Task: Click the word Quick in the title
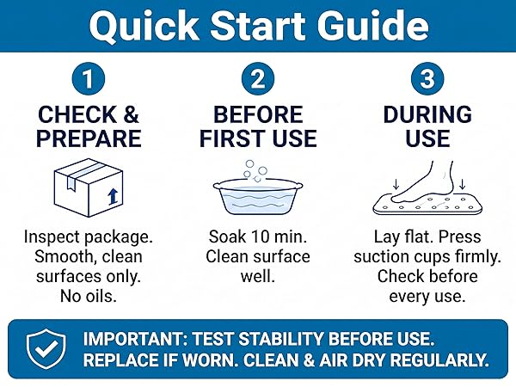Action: (x=144, y=27)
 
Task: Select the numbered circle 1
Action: (x=89, y=79)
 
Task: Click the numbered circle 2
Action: (x=258, y=79)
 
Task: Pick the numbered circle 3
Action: (x=427, y=79)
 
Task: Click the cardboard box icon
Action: (x=89, y=187)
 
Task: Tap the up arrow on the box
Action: (x=113, y=196)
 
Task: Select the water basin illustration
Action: (x=258, y=196)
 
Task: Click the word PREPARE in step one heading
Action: (x=89, y=138)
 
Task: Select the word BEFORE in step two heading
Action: (x=258, y=114)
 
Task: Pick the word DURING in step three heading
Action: (x=427, y=114)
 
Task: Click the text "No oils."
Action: (x=89, y=296)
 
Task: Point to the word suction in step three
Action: (x=380, y=256)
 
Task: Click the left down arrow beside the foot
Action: (x=396, y=184)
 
